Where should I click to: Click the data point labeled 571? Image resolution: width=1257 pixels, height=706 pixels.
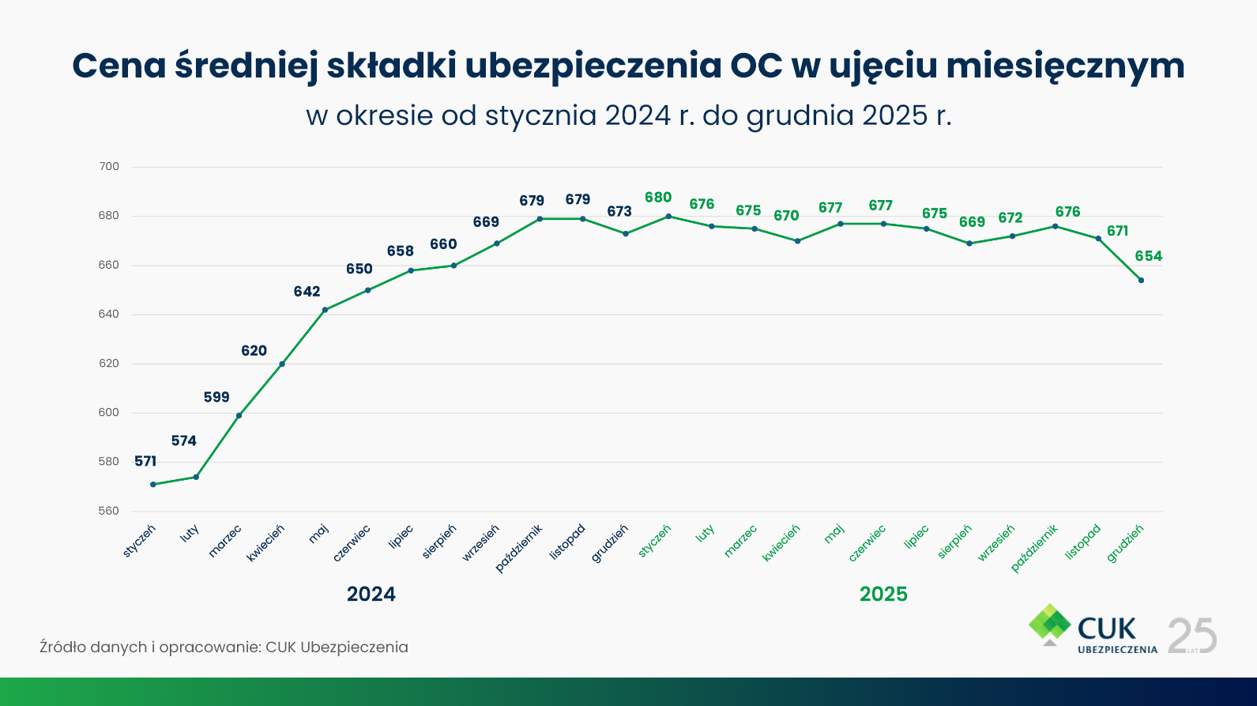pos(153,484)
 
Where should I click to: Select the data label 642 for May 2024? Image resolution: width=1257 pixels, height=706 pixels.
pos(307,292)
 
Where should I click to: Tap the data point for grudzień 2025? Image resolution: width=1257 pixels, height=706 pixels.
pos(1141,280)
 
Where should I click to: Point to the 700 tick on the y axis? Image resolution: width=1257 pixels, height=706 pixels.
pos(109,167)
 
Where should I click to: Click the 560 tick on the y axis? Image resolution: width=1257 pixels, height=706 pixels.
pos(109,511)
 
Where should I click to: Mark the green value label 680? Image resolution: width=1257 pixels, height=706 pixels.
pos(658,198)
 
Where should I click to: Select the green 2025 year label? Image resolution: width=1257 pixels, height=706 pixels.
pos(883,594)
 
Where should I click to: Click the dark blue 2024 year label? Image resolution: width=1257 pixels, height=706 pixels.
pos(371,594)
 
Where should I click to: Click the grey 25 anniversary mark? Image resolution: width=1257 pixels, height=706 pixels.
pos(1192,636)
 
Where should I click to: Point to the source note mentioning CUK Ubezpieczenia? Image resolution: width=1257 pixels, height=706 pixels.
pos(224,647)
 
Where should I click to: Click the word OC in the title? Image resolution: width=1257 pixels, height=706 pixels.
pos(756,66)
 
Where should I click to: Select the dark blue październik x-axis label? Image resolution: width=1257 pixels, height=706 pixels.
pos(520,547)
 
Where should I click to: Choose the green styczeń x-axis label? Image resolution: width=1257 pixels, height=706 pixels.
pos(655,541)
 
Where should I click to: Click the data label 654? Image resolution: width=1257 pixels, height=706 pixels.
pos(1149,256)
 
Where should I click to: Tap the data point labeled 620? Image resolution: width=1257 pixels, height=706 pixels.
pos(282,364)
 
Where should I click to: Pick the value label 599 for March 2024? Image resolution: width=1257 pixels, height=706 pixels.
pos(216,397)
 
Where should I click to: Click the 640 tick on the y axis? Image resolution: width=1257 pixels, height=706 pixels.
pos(109,314)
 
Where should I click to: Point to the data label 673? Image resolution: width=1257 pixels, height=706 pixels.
pos(619,211)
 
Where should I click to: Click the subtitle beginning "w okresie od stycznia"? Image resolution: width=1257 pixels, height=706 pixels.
pos(629,116)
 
